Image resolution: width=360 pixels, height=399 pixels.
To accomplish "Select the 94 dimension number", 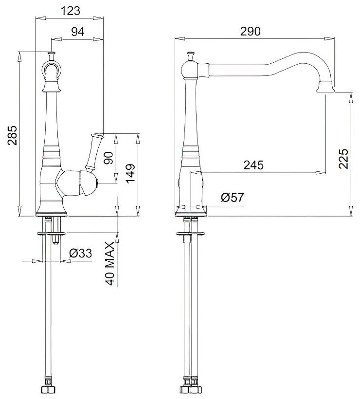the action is pyautogui.click(x=78, y=32).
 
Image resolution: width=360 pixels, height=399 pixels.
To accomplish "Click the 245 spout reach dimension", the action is pyautogui.click(x=253, y=165).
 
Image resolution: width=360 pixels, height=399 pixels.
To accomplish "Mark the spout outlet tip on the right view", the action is pyautogui.click(x=324, y=88).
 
